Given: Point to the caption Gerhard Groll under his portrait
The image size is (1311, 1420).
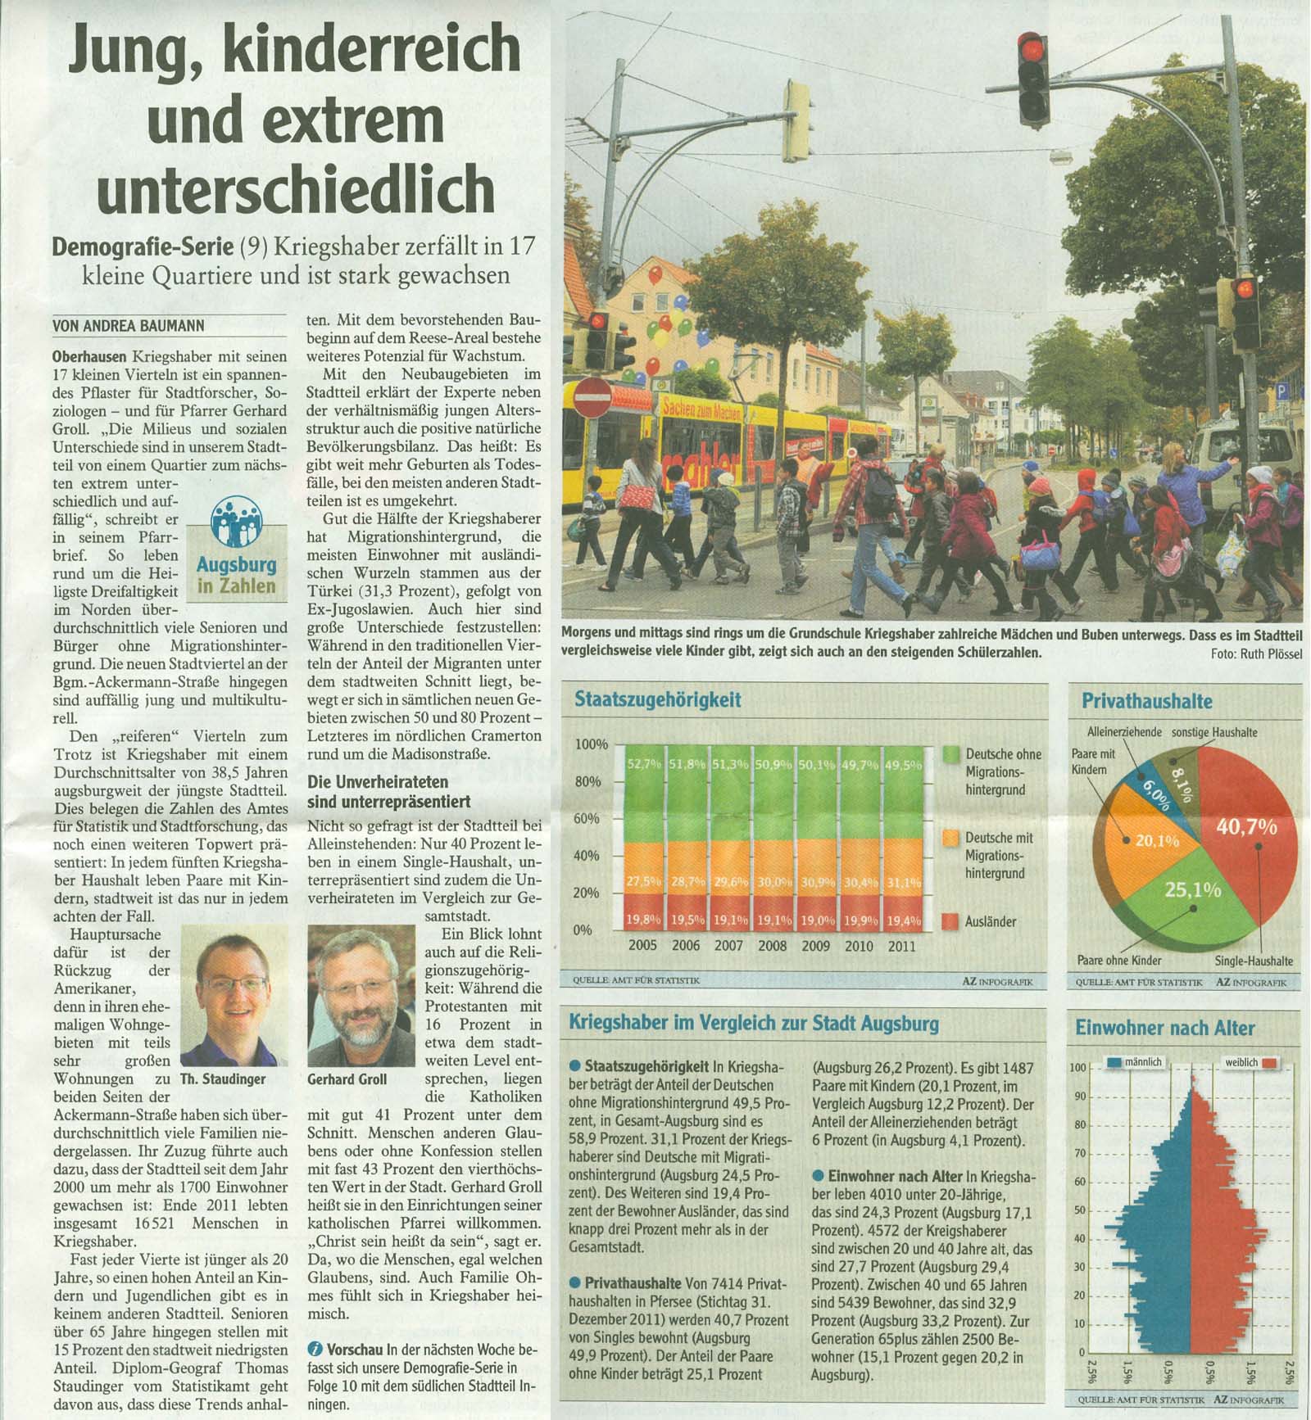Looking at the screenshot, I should tap(347, 1079).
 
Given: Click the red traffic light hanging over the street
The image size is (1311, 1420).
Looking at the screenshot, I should tap(1032, 79).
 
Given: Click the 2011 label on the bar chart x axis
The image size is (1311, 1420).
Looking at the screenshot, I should tap(901, 945).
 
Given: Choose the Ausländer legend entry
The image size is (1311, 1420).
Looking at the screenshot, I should tap(990, 921).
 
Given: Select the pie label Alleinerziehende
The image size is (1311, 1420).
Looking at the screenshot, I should tap(1123, 732).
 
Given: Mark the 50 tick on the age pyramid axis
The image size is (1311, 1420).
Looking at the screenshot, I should tap(1080, 1210).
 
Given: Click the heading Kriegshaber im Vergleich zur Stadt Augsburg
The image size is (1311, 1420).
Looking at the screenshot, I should tap(754, 1023).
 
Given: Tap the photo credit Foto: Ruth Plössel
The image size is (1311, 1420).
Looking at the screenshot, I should tap(1255, 653).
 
